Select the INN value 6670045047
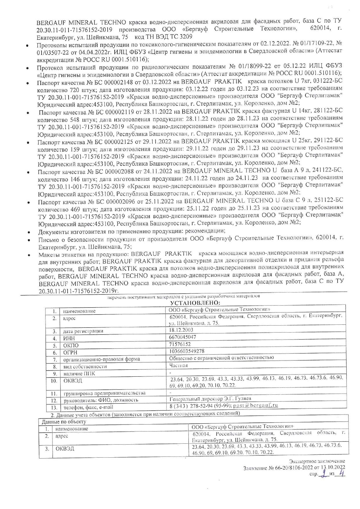182,337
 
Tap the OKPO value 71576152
180,344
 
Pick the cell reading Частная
178,365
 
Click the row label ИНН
69,338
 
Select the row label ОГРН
70,353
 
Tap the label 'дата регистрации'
83,331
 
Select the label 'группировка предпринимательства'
105,393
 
